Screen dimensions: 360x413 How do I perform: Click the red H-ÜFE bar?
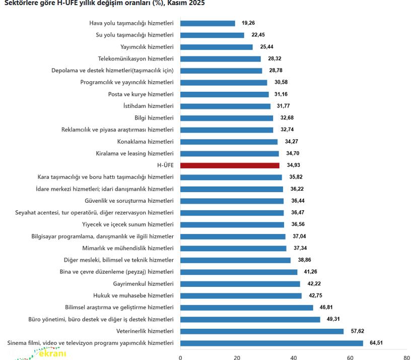(230, 165)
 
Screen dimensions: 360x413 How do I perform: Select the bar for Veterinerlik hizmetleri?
(262, 331)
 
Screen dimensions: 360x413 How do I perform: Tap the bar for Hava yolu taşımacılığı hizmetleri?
(208, 23)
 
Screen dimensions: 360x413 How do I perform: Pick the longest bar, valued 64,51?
(271, 343)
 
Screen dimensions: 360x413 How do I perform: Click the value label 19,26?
(248, 23)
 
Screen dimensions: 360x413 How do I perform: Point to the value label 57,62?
(357, 331)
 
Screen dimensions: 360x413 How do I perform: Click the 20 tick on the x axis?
(237, 357)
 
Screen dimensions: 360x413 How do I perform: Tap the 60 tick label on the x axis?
(350, 357)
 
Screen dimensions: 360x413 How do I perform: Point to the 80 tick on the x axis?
(406, 357)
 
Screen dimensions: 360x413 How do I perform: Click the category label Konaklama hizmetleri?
(145, 142)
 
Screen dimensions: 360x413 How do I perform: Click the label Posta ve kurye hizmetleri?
(141, 94)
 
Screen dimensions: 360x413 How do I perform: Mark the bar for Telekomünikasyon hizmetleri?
(221, 59)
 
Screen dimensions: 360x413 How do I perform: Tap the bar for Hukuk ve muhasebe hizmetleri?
(241, 296)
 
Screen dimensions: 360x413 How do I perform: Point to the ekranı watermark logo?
(50, 353)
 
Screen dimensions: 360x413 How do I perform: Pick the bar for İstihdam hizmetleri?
(225, 106)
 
